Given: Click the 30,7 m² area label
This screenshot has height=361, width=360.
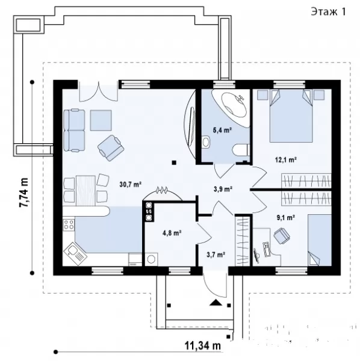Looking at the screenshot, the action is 131,184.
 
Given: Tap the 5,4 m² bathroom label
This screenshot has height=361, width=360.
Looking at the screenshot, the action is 222,131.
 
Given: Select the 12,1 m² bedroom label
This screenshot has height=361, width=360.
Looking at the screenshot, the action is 285,159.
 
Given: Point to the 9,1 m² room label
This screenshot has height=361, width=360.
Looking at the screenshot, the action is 286,218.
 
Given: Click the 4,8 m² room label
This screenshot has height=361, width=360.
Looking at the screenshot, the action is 172,233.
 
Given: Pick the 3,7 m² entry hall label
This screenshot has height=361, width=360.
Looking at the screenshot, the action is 216,255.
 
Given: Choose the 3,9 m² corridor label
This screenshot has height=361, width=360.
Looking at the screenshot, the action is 223,190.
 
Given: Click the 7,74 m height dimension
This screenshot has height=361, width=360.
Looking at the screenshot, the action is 23,193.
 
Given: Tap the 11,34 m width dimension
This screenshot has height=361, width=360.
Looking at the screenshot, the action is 203,345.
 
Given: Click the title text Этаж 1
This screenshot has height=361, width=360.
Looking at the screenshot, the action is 328,11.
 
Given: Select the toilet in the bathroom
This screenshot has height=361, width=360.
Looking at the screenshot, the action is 241,150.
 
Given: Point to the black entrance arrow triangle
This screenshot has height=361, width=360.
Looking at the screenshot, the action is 216,303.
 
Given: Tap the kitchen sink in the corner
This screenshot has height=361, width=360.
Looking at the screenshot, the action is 75,253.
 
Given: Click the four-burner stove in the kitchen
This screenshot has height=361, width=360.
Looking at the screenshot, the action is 69,224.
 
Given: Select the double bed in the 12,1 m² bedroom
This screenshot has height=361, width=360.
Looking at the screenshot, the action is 291,116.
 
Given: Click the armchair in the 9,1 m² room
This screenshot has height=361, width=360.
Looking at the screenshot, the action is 282,235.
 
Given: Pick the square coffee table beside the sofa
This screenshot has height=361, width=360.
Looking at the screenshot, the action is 101,120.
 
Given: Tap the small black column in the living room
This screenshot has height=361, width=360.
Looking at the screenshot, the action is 174,163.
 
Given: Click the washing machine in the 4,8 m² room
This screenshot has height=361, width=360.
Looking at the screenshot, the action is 151,259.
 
